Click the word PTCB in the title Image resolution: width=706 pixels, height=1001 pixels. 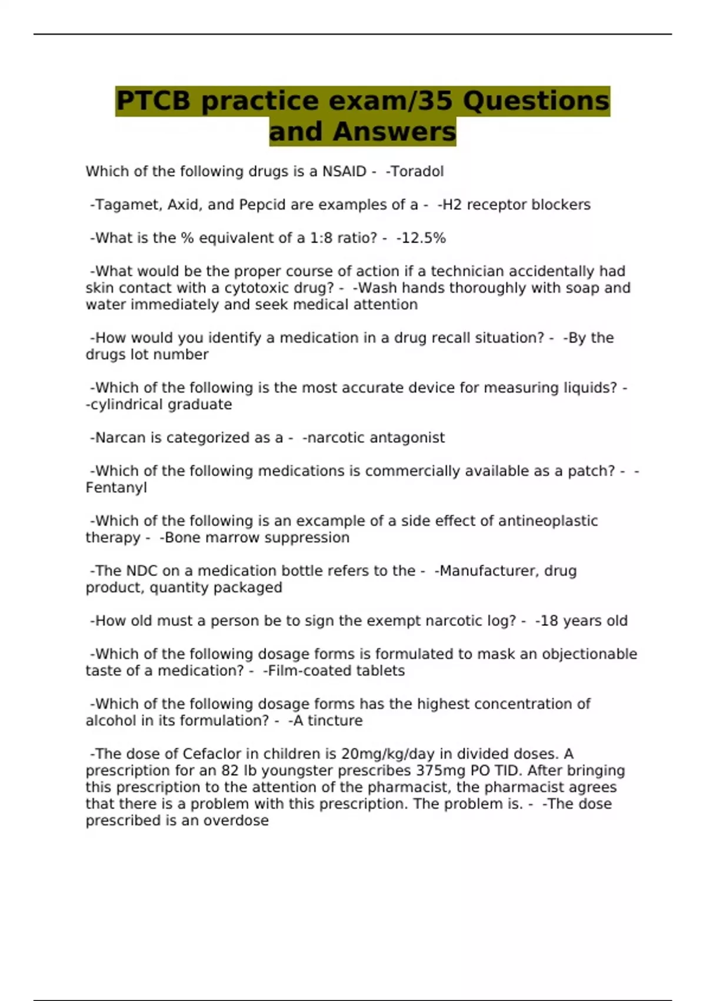(x=153, y=101)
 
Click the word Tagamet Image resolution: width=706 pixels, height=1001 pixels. (x=128, y=205)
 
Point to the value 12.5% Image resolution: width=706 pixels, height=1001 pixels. (x=423, y=238)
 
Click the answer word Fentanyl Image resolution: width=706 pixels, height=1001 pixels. (x=116, y=488)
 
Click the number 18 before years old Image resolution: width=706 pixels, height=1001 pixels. (x=550, y=621)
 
